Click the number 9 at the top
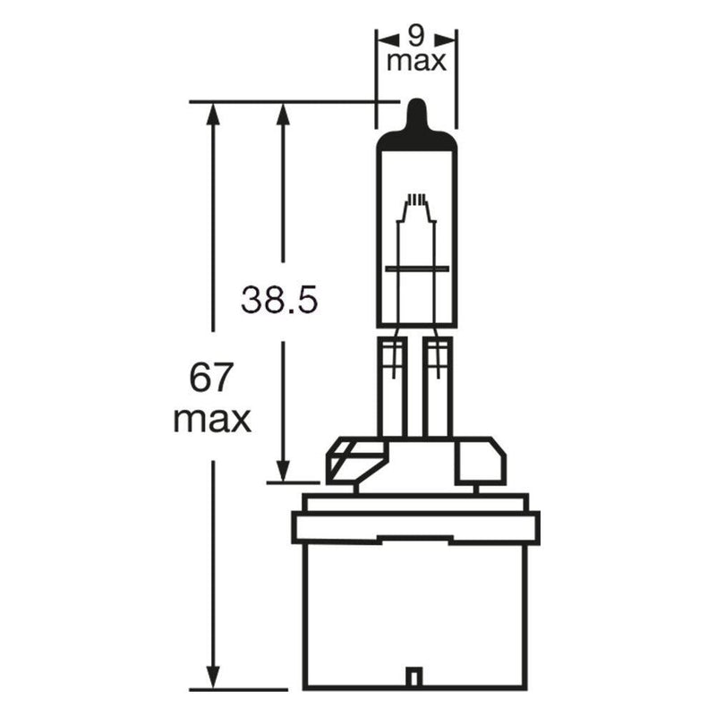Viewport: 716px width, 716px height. [415, 36]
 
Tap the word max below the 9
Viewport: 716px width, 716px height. [416, 62]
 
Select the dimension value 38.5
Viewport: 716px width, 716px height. [279, 300]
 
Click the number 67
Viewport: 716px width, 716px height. [211, 377]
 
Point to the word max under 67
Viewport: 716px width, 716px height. [212, 420]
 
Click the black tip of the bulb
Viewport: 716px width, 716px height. [416, 124]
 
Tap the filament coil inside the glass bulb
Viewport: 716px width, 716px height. [416, 199]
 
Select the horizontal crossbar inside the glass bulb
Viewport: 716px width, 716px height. [417, 269]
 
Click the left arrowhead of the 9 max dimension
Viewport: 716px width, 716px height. [388, 39]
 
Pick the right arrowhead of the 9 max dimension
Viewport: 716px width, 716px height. [446, 39]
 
